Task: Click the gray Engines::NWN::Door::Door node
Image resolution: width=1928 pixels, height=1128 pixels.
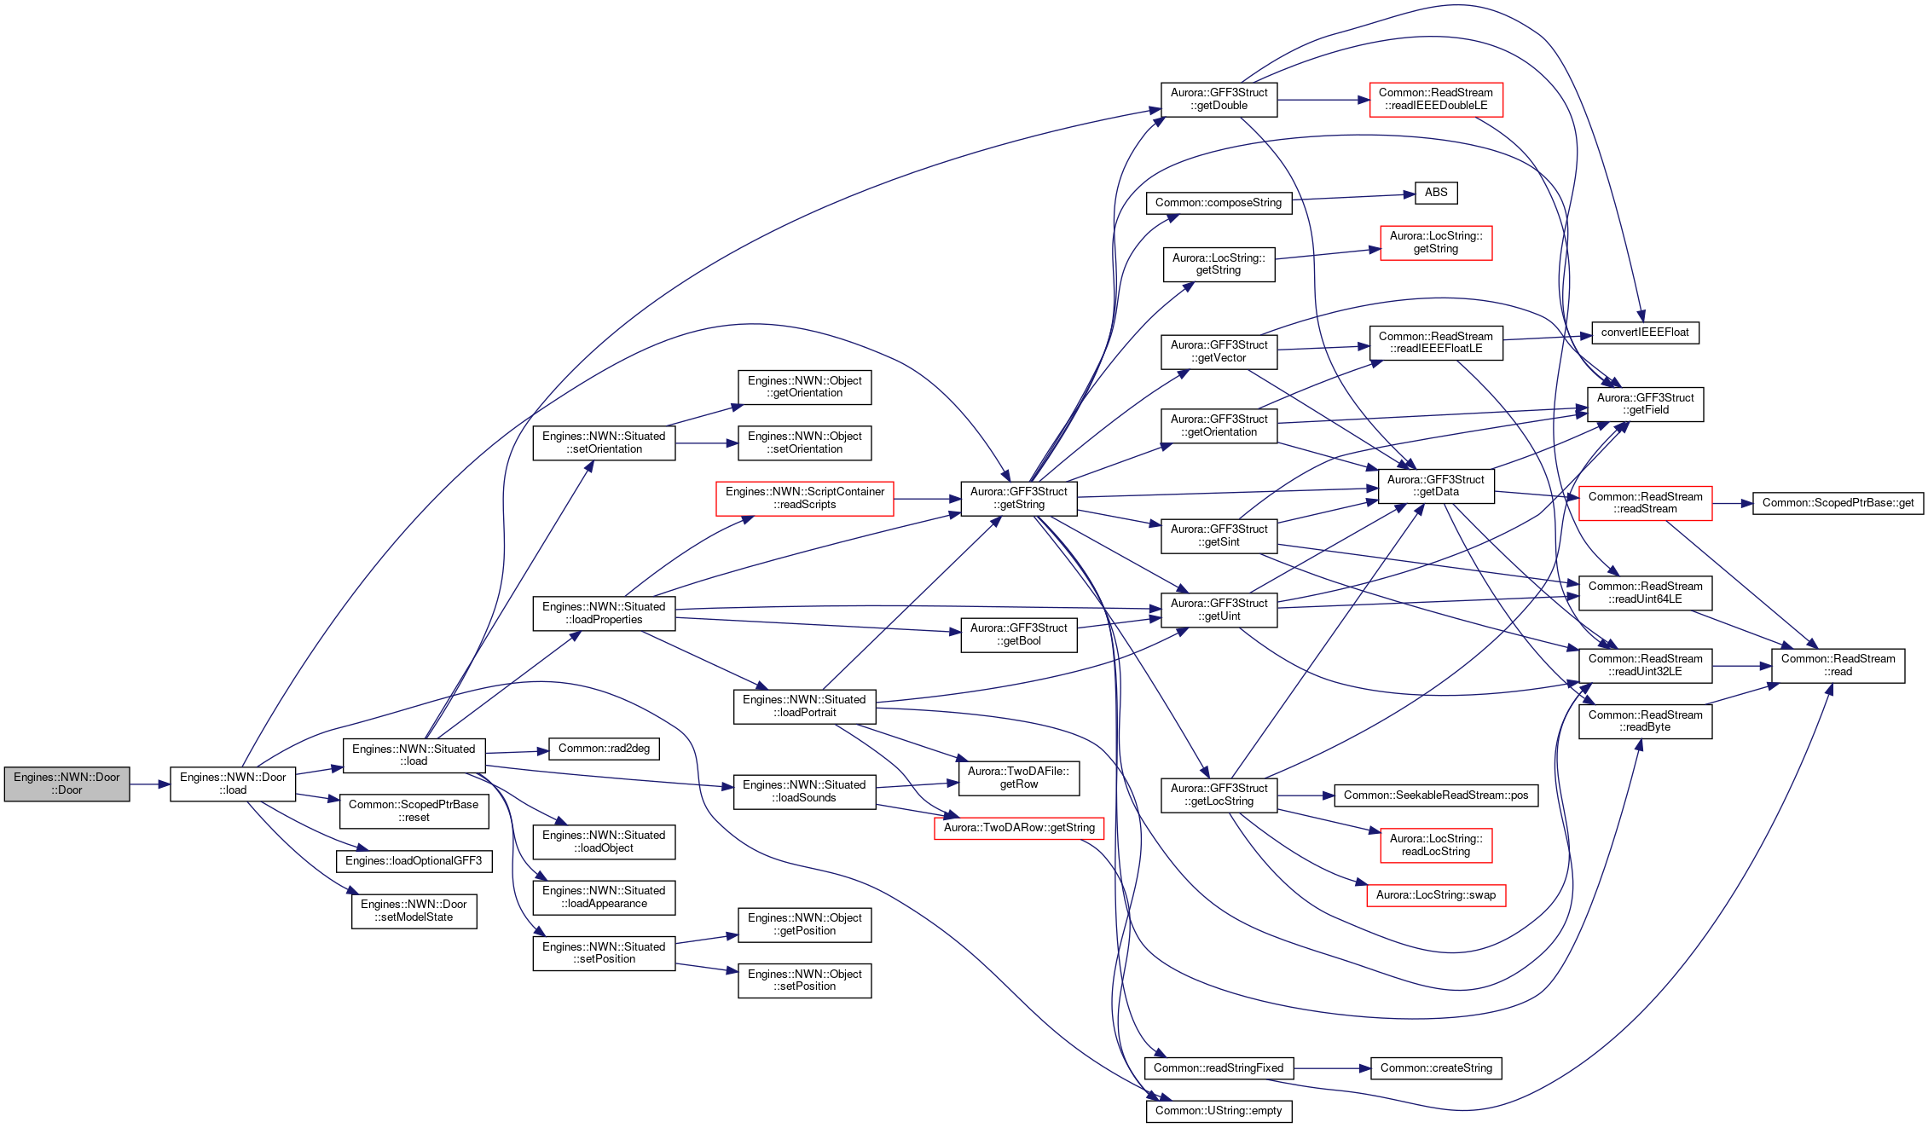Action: coord(67,784)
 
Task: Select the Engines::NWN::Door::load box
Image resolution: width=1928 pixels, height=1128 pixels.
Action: coord(233,784)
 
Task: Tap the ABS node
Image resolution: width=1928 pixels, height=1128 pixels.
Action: coord(1436,193)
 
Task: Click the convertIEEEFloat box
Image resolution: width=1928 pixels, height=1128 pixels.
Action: coord(1645,333)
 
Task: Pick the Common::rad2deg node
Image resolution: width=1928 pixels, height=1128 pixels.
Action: coord(604,749)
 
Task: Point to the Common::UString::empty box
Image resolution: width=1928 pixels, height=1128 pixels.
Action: coord(1219,1111)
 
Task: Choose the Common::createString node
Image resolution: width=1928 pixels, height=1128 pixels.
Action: coord(1436,1068)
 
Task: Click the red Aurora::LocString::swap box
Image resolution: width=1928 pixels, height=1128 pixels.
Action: coord(1436,895)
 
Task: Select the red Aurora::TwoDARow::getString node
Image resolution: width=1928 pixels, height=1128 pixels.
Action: coord(1019,828)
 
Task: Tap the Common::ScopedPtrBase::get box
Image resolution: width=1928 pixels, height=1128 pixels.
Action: coord(1838,503)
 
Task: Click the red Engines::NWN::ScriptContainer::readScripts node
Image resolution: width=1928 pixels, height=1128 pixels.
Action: coord(805,498)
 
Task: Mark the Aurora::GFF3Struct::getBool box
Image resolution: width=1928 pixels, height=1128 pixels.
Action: coord(1019,634)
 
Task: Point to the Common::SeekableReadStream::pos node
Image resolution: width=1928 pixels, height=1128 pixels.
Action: coord(1436,795)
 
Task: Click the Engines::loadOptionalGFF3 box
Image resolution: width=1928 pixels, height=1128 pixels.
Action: coord(414,861)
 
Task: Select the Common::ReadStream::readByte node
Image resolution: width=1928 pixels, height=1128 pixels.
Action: coord(1645,721)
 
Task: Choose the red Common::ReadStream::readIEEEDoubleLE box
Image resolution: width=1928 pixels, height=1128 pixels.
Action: coord(1436,99)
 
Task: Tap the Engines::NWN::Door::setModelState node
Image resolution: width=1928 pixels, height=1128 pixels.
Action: coord(414,911)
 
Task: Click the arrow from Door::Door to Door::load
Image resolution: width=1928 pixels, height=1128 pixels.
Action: coord(150,784)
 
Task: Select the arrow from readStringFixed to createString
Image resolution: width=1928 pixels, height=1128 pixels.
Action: coord(1331,1068)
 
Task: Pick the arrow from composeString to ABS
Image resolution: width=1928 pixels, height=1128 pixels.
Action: coord(1353,197)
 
